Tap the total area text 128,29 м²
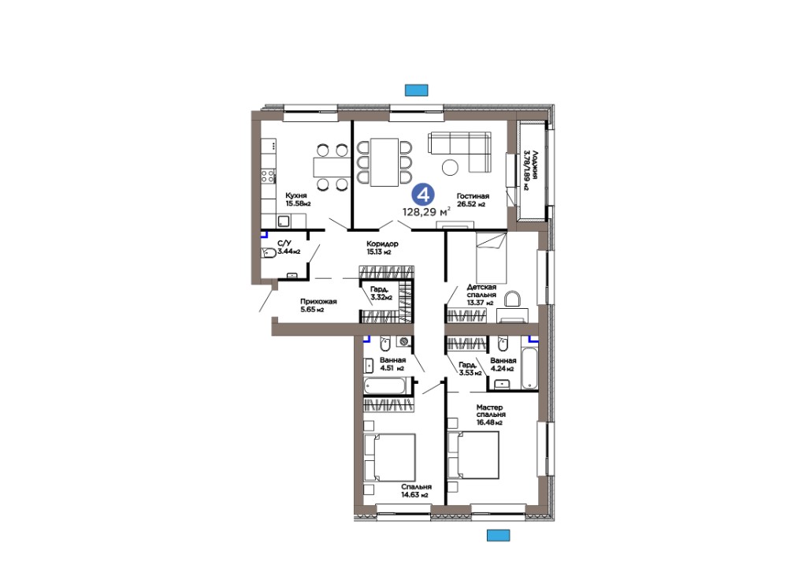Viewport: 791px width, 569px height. coord(426,212)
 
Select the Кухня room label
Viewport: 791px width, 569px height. coord(296,195)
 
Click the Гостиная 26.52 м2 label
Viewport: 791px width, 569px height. coord(473,200)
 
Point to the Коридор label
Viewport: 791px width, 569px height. coord(382,244)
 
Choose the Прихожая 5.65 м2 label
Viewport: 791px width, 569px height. coord(318,305)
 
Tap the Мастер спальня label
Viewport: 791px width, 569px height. coord(490,411)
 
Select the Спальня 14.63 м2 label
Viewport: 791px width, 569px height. coord(416,491)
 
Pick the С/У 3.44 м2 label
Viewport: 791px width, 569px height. coord(288,247)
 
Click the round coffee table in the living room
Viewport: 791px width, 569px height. coord(450,167)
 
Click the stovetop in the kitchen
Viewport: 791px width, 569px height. coord(268,176)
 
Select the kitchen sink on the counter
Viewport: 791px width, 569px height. coord(283,221)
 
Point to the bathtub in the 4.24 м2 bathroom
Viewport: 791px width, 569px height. coord(529,368)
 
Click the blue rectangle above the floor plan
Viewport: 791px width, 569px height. coord(417,91)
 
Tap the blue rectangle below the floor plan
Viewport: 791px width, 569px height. coord(499,535)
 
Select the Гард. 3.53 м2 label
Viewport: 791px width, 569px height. coord(470,369)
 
